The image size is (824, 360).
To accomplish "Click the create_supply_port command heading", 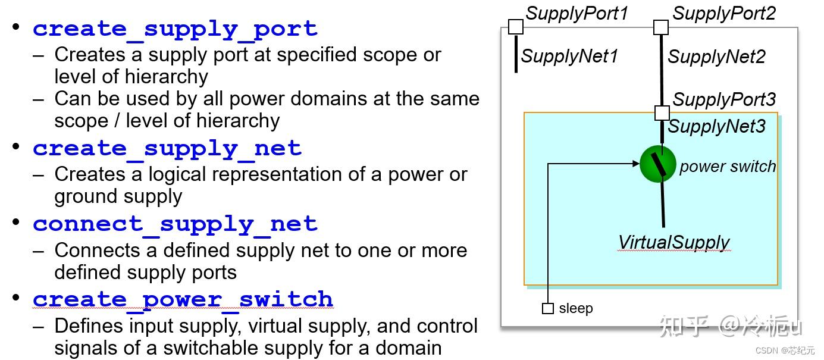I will point(175,29).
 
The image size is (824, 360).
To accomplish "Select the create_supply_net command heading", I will point(167,148).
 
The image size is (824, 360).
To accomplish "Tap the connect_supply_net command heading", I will point(175,224).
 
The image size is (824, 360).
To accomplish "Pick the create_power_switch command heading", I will point(183,299).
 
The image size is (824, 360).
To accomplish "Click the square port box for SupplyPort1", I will point(516,27).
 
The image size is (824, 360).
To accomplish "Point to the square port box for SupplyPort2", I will point(661,27).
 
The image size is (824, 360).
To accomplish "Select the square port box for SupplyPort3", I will point(662,113).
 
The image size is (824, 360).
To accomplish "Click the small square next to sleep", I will point(548,308).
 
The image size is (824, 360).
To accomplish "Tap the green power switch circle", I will point(658,164).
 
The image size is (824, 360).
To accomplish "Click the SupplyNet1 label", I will point(569,56).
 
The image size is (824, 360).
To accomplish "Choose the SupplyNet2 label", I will point(716,57).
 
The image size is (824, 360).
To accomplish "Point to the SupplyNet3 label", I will point(716,126).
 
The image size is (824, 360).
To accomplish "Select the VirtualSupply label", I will point(673,242).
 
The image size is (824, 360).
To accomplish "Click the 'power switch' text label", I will point(728,167).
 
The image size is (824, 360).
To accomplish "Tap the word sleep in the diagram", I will point(576,308).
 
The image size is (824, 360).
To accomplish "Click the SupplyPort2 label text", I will point(724,13).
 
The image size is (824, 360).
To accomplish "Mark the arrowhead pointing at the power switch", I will point(636,163).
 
